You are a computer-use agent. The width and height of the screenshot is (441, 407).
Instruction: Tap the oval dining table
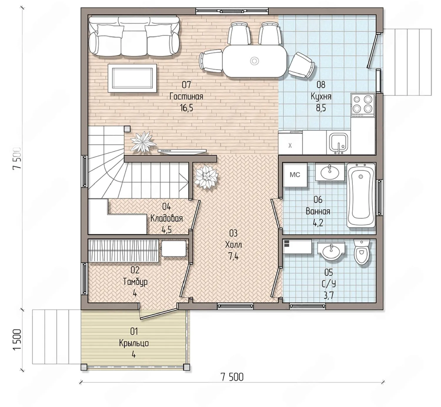click(255, 61)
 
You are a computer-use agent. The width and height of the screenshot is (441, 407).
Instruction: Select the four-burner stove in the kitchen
click(363, 105)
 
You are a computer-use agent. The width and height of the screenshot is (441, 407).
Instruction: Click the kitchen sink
click(338, 143)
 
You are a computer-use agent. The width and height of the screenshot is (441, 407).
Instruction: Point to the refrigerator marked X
click(290, 143)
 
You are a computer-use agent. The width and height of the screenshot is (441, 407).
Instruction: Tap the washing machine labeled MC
click(295, 175)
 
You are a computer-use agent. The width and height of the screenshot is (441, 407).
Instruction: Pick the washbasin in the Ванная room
click(330, 172)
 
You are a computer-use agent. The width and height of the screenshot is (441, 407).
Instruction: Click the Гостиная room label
click(186, 97)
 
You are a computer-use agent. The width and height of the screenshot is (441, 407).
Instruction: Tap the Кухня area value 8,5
click(321, 108)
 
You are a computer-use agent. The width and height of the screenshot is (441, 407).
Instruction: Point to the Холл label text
click(233, 245)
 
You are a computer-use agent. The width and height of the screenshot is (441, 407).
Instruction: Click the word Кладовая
click(166, 219)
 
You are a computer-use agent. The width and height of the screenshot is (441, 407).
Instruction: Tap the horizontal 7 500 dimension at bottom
click(232, 377)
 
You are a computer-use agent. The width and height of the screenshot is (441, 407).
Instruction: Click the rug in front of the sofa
click(132, 78)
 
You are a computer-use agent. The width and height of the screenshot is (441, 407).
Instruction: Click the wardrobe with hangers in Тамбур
click(123, 251)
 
